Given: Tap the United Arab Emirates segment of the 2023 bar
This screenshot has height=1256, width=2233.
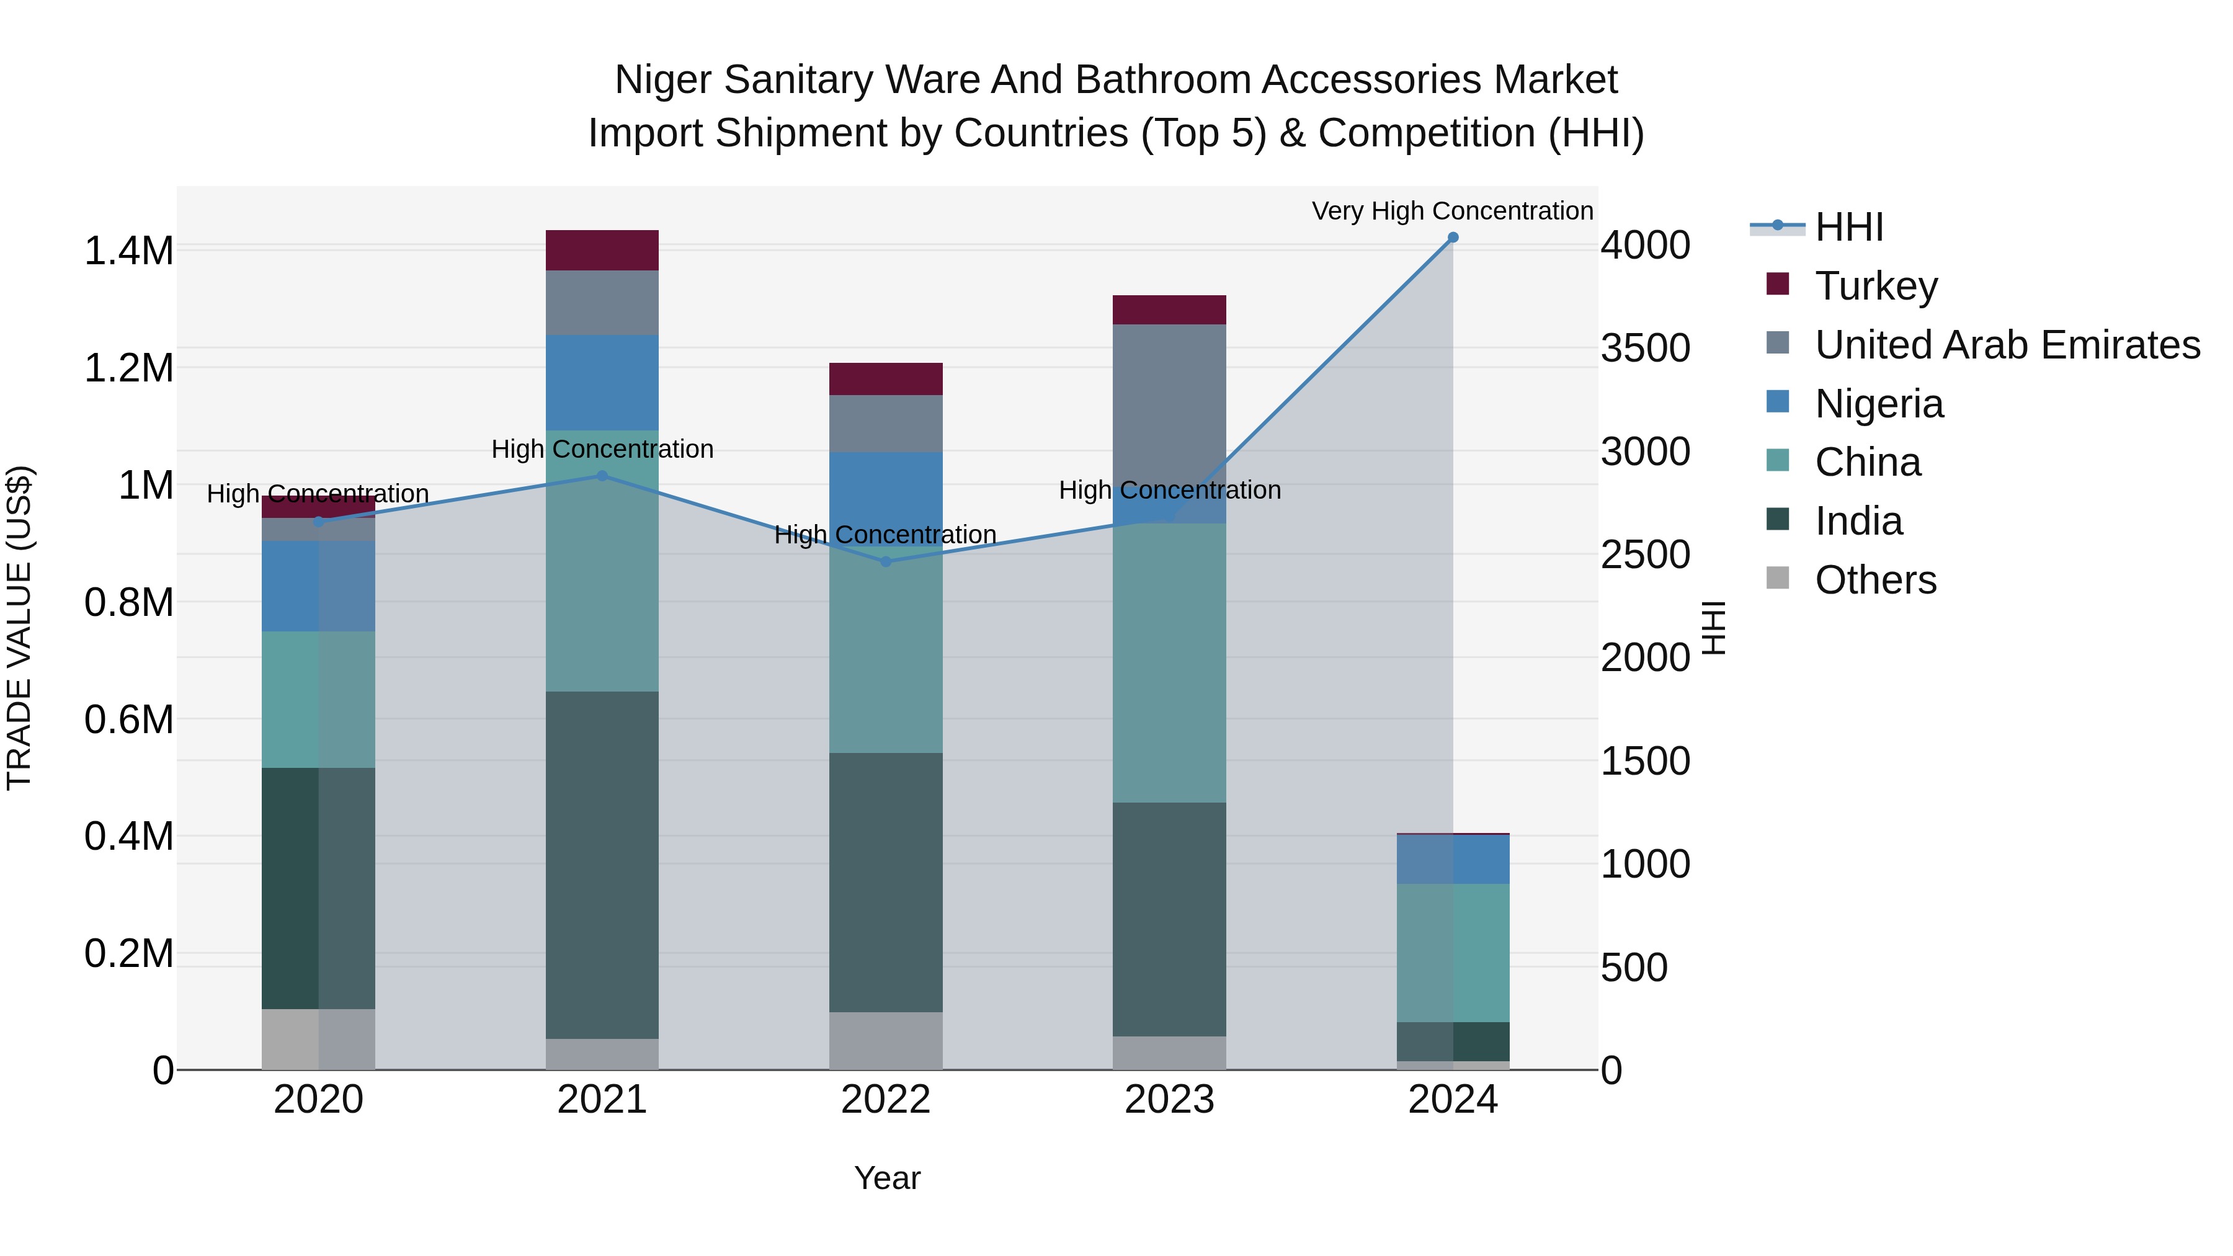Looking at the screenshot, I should (1169, 408).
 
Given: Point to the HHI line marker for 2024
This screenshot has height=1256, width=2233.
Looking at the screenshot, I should (1453, 238).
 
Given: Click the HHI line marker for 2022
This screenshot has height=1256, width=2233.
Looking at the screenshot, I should (885, 562).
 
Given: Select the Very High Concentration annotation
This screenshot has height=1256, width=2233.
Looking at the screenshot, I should (1452, 211).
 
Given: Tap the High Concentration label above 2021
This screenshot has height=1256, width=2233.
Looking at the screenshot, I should (602, 449).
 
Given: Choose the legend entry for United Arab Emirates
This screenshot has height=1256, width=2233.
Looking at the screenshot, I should (2007, 345).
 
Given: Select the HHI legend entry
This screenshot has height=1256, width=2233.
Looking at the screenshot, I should (1848, 227).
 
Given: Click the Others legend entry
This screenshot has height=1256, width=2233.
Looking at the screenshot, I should (1875, 580).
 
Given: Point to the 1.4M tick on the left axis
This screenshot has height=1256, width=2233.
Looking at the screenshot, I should (128, 251).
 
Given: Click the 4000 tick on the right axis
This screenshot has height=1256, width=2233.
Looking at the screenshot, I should (1644, 245).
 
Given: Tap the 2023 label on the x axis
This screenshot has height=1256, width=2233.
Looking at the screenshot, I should (1169, 1100).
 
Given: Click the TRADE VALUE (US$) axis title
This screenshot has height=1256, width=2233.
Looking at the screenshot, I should (19, 628).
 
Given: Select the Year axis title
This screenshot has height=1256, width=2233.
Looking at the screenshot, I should (887, 1178).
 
